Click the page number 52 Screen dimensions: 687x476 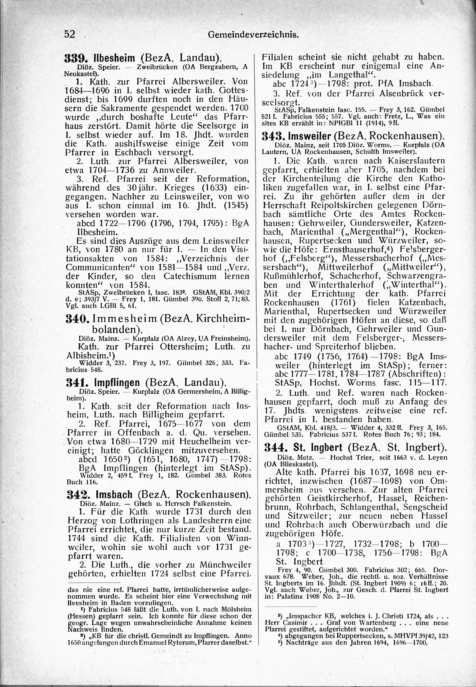tap(69, 34)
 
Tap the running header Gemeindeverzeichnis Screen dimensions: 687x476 tap(253, 35)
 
